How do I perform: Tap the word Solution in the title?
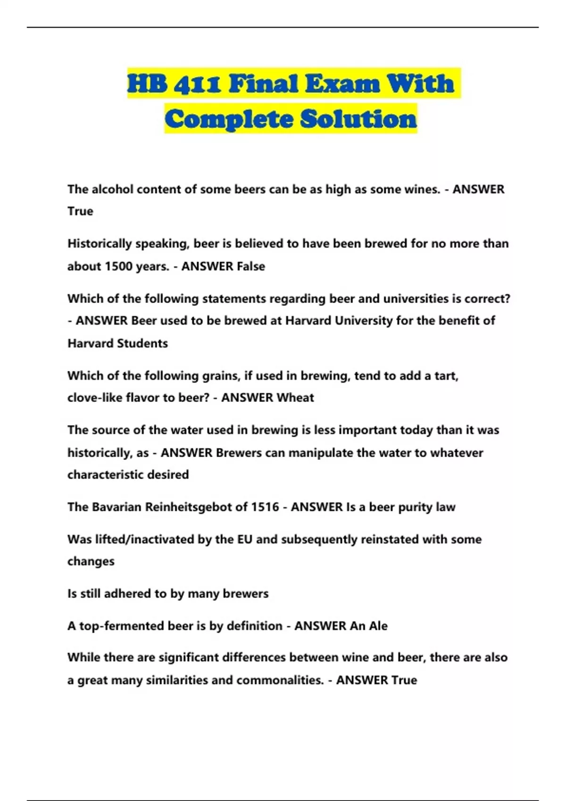tap(359, 119)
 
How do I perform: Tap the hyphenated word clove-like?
tap(95, 398)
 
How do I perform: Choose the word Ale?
tap(378, 626)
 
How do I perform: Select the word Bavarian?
tap(116, 507)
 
